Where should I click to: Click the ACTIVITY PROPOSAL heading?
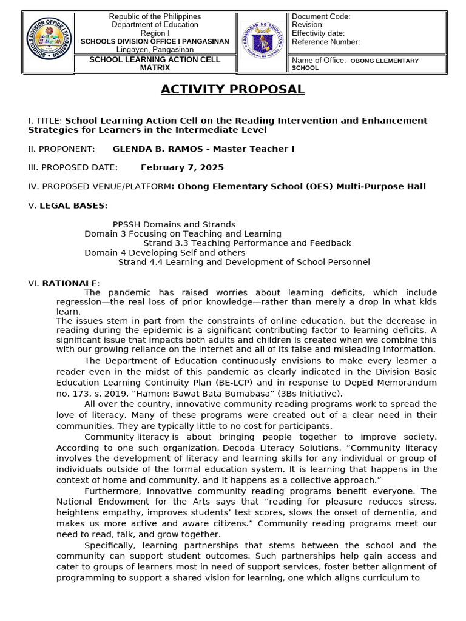[x=232, y=90]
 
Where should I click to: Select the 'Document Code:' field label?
[x=321, y=16]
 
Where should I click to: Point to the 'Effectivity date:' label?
[x=318, y=33]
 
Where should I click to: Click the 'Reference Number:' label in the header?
[x=326, y=42]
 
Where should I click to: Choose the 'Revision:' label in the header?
[x=308, y=25]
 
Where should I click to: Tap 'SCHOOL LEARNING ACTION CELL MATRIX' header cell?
[x=155, y=64]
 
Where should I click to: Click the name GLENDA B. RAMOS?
[x=159, y=149]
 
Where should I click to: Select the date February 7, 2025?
[x=182, y=167]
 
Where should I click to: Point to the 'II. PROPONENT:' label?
[x=61, y=149]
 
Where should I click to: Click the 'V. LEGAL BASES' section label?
[x=67, y=206]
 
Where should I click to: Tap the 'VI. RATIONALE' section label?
[x=64, y=283]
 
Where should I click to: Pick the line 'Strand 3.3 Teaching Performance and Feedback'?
[x=247, y=243]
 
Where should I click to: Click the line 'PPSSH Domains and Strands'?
[x=174, y=224]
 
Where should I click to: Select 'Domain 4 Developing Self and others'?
[x=164, y=252]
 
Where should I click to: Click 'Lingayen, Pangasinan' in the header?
[x=155, y=49]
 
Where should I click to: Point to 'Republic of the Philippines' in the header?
[x=155, y=16]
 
